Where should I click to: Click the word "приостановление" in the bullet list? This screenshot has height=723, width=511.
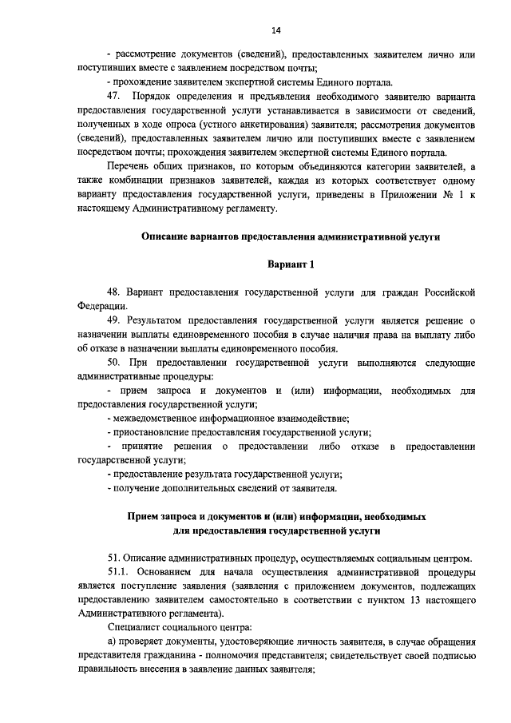[x=156, y=432]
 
